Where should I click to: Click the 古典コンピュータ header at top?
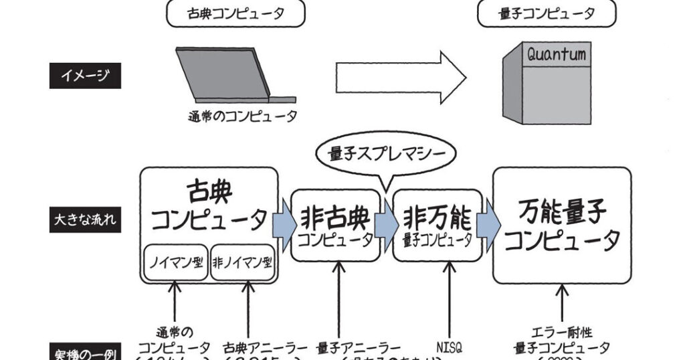235,13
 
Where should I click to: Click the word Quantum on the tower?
556,54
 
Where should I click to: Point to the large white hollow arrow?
400,79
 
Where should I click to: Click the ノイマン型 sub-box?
176,262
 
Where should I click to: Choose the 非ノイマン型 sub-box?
242,262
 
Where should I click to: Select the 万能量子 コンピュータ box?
562,225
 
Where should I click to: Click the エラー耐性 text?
562,333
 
